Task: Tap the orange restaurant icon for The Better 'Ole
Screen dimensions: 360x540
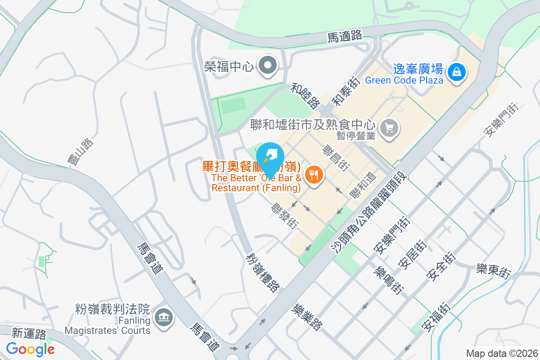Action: [314, 175]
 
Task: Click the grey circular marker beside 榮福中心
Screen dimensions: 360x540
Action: [268, 66]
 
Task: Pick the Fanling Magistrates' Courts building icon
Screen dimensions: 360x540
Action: [163, 318]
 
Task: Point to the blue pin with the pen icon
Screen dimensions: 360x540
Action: [270, 155]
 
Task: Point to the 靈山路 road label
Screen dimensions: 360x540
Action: [83, 152]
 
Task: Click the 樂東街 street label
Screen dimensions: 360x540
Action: [494, 271]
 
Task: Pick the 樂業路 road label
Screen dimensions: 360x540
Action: [307, 317]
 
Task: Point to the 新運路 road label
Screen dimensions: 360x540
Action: [29, 333]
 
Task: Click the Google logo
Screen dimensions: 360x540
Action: [30, 349]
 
